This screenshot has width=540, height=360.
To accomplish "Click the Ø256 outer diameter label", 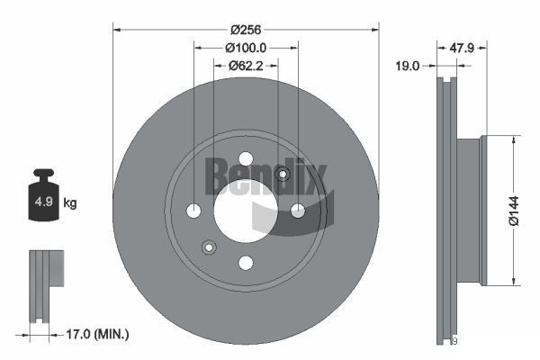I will click(246, 28).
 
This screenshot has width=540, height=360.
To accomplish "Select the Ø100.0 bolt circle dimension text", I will click(246, 47).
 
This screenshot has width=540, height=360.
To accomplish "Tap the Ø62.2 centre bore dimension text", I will click(246, 65).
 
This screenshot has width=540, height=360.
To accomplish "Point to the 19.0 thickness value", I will click(408, 65).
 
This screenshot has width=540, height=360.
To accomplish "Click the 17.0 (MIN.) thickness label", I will click(98, 334).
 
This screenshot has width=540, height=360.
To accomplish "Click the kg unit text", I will click(70, 203).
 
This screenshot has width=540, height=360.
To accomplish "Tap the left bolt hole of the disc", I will click(193, 211).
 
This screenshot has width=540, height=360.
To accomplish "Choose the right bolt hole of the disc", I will click(298, 211).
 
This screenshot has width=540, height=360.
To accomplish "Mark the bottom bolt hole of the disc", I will click(246, 263).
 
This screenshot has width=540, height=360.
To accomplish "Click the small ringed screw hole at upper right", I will click(283, 175).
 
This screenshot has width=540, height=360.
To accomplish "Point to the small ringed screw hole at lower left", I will click(209, 247).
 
